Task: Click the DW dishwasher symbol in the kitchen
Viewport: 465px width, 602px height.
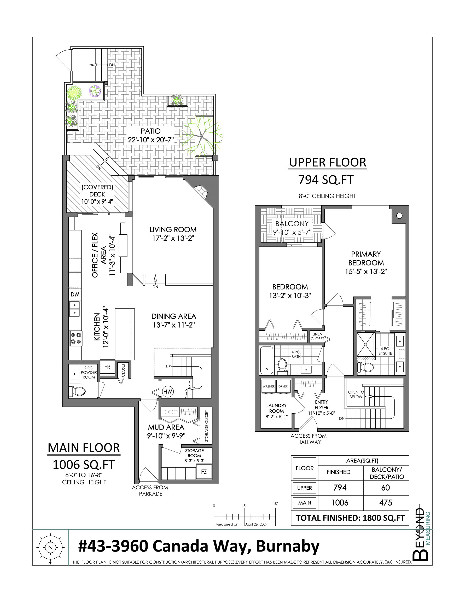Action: tap(75, 294)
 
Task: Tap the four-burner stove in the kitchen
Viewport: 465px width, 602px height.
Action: tap(75, 338)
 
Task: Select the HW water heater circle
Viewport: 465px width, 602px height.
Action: tap(168, 391)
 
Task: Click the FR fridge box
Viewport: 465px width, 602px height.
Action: tap(107, 367)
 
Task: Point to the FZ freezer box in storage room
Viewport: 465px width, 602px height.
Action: tap(204, 472)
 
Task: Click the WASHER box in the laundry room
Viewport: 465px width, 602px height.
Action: tap(269, 386)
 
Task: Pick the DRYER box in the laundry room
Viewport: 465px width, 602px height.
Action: tap(283, 386)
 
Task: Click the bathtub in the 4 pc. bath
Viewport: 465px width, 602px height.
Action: tap(266, 360)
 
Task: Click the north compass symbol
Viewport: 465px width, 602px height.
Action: tap(50, 547)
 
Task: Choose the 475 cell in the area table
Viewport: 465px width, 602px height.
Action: tap(385, 503)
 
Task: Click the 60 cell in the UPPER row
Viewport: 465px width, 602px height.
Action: tap(385, 488)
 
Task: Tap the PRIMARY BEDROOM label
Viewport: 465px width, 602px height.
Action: tap(366, 258)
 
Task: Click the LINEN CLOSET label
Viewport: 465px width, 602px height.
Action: tap(317, 336)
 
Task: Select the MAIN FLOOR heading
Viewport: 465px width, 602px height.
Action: tap(84, 448)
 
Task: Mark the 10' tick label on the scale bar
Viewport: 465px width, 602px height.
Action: tap(276, 503)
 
